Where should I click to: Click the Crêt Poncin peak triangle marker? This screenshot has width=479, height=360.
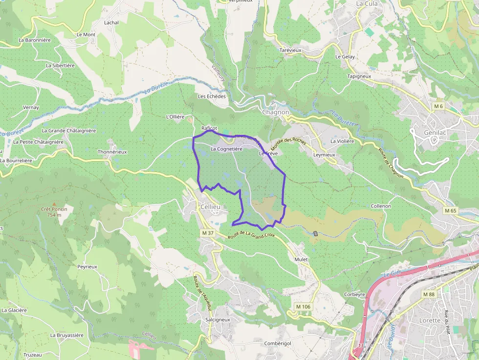(54, 204)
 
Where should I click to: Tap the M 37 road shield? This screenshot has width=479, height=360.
(208, 233)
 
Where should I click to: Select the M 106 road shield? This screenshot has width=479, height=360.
(303, 306)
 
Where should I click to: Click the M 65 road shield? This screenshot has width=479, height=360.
(450, 211)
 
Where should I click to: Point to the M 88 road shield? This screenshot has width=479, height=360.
(429, 294)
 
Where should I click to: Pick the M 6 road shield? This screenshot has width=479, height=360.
(438, 106)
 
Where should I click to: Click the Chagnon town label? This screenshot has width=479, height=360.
(276, 112)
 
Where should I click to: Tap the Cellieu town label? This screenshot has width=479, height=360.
(210, 207)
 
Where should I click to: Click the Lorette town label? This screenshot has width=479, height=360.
(430, 320)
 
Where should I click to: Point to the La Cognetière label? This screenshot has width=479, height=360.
(226, 148)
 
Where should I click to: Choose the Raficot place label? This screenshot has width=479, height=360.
(209, 128)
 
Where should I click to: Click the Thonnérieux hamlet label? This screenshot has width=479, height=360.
(112, 152)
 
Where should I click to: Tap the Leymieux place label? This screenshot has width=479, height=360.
(324, 155)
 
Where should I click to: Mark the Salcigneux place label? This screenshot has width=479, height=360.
(218, 319)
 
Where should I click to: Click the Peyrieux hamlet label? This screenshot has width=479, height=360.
(87, 267)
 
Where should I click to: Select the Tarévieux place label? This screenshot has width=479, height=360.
(290, 50)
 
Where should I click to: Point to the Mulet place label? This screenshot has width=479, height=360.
(301, 259)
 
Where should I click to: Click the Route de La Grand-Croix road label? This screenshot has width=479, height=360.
(251, 235)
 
